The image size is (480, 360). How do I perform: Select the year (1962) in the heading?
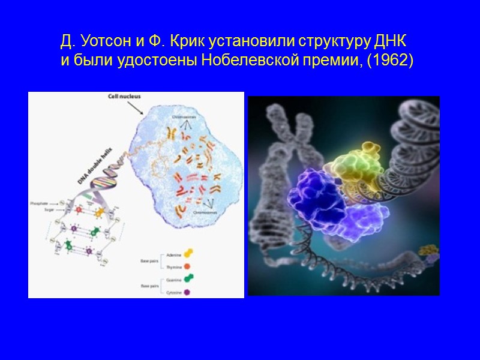pos(392,61)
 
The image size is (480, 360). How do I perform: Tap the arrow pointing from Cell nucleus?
pos(137,107)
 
